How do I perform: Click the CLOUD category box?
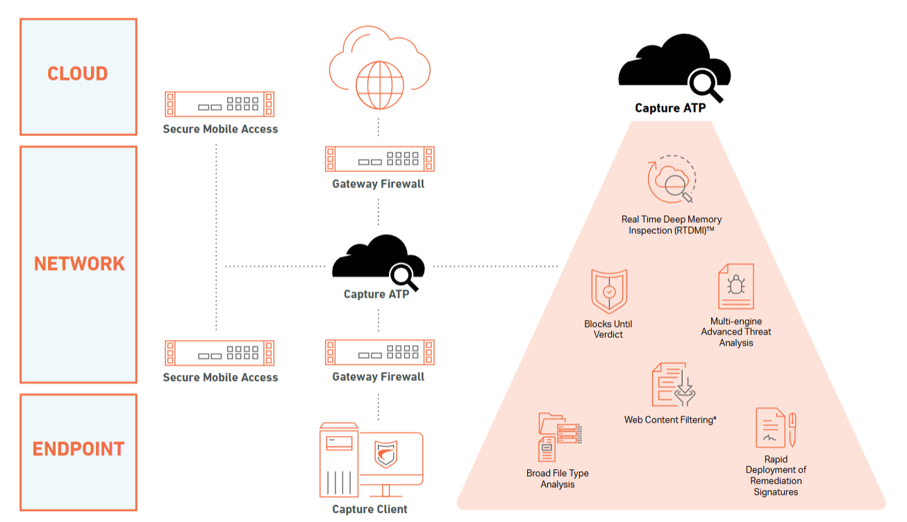click(x=78, y=76)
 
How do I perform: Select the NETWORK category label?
click(x=79, y=264)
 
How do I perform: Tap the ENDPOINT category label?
click(x=78, y=449)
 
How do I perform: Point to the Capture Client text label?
click(x=369, y=510)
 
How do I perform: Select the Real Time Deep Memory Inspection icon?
click(x=671, y=181)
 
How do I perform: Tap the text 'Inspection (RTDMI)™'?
click(x=672, y=230)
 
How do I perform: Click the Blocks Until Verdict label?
click(x=608, y=329)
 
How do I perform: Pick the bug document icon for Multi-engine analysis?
click(x=735, y=286)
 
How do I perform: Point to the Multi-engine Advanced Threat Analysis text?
click(x=736, y=332)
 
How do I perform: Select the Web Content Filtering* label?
click(x=670, y=420)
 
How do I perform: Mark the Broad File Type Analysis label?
click(x=558, y=479)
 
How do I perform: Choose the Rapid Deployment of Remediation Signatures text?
click(x=776, y=475)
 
